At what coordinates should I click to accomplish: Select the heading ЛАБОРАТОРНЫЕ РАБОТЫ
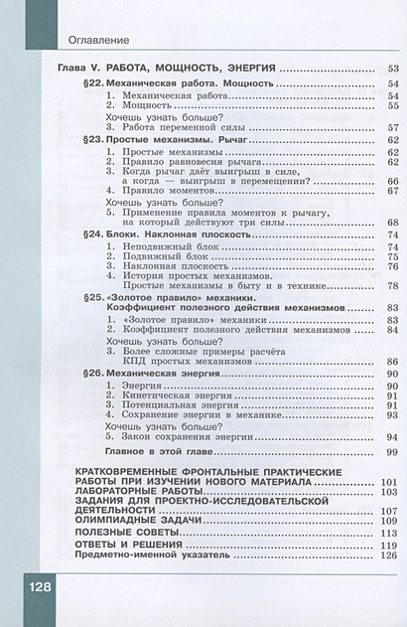(139, 491)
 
